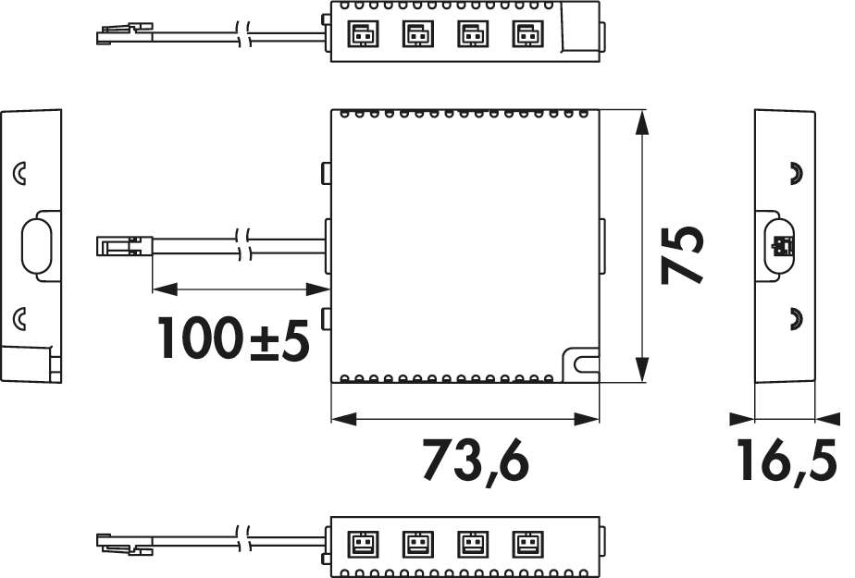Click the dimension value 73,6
click(477, 460)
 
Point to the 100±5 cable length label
click(232, 338)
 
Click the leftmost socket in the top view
click(358, 34)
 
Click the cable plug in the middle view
click(123, 247)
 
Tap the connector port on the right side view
click(781, 245)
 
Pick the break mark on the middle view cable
click(242, 246)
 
